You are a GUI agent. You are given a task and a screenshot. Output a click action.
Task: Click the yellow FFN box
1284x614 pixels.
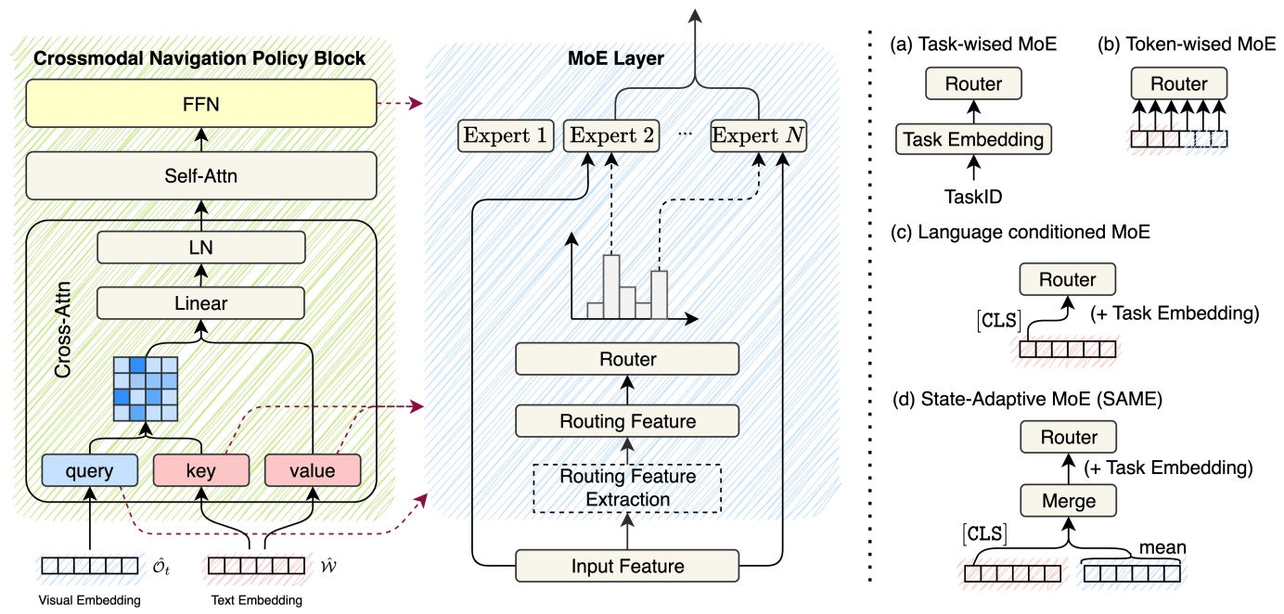200,104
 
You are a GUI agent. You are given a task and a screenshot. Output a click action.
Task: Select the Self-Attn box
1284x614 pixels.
200,174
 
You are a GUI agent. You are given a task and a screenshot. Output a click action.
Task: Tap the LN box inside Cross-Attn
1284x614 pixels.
201,248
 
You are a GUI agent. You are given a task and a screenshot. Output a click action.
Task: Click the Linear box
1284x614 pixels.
201,302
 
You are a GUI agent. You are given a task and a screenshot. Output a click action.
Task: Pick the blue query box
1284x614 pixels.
90,469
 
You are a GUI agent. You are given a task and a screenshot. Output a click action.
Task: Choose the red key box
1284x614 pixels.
201,469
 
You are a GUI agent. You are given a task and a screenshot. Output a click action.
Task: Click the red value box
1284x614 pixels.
313,469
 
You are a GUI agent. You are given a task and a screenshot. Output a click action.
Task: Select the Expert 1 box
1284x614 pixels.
506,136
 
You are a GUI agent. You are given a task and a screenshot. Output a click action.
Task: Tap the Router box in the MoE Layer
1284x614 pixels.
628,359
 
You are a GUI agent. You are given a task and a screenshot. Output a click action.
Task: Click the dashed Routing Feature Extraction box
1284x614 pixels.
628,488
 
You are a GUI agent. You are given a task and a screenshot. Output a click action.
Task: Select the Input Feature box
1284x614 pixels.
628,565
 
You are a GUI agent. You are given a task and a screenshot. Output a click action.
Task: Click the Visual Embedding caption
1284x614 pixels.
90,600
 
